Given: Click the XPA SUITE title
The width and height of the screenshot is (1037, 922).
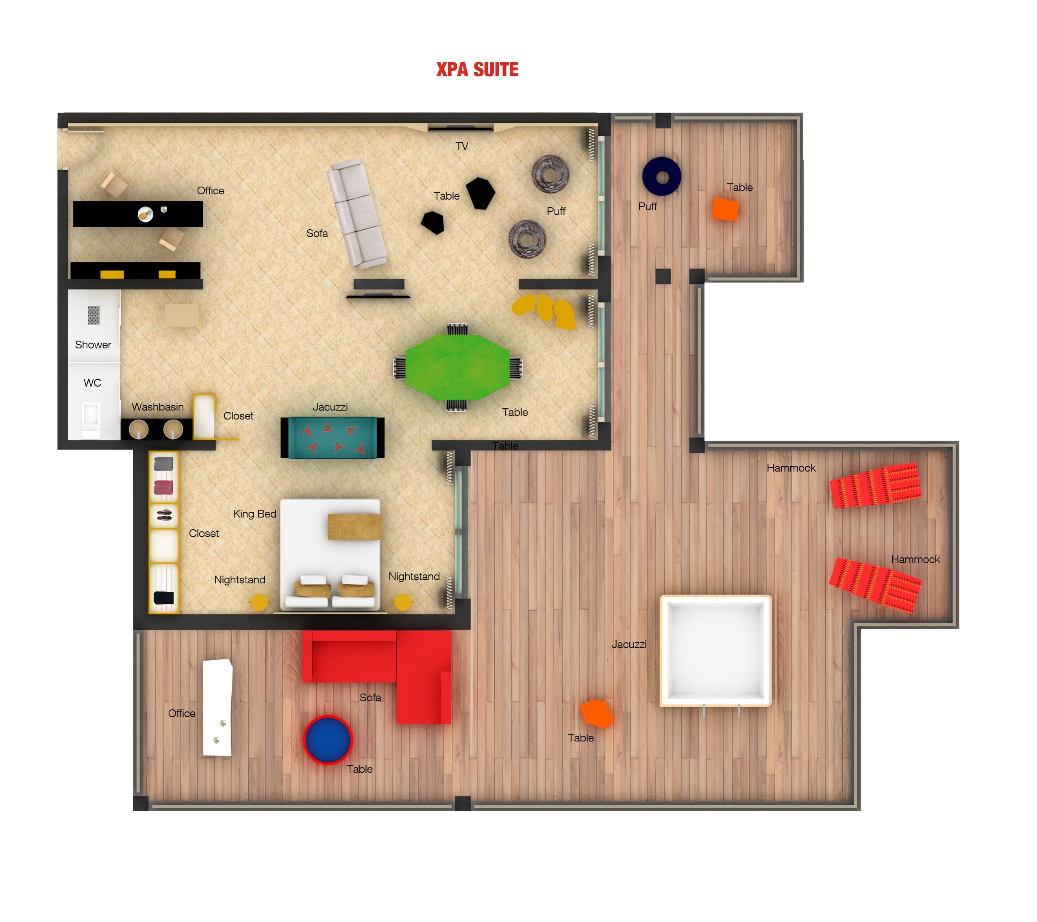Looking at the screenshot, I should tap(477, 70).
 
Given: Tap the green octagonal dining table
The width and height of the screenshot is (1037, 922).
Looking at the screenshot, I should tap(457, 366).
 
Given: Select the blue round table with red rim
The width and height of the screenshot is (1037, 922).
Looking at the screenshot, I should tap(327, 739).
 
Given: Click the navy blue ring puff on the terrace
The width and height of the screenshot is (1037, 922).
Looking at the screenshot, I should tap(661, 176).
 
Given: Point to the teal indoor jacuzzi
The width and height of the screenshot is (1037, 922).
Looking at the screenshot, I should tap(332, 437).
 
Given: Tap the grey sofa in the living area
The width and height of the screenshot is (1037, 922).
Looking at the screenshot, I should tap(357, 213).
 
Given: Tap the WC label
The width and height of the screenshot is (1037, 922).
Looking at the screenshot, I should tap(92, 383).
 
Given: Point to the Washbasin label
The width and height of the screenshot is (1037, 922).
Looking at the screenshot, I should tap(158, 407).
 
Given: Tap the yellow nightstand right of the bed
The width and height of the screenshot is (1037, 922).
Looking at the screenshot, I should tap(403, 602).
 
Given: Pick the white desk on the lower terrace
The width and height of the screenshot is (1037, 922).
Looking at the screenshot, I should tap(217, 707).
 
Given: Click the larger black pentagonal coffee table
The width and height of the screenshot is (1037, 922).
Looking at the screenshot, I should tap(480, 193).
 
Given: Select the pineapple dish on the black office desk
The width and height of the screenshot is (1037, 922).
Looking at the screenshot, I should tap(146, 215).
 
